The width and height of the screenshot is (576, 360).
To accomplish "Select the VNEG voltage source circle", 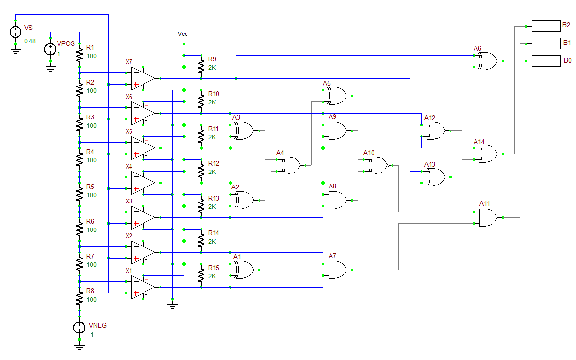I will [x=79, y=327].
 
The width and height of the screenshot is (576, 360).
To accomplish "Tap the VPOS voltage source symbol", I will [x=50, y=49].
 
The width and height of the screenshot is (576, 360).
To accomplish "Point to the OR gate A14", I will [x=488, y=154].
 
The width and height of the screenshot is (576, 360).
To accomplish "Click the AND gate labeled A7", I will [x=337, y=270].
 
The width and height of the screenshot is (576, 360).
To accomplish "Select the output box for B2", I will [x=545, y=26].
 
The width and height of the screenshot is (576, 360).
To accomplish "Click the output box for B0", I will [x=545, y=61].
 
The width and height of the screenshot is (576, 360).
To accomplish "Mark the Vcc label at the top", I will [x=183, y=34].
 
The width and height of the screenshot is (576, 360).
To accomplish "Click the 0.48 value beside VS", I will [x=30, y=41].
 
